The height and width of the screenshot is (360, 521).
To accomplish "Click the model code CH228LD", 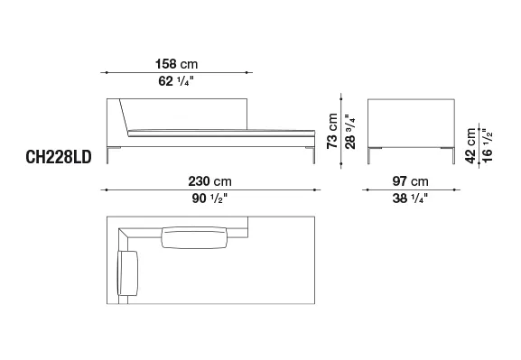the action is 59,157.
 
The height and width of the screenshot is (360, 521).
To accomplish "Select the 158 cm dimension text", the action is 176,64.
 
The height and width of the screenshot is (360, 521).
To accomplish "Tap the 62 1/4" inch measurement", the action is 176,81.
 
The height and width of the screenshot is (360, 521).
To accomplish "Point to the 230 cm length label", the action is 210,181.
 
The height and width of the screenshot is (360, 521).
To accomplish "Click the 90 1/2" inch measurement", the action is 209,198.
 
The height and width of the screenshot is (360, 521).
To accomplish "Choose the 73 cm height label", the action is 332,131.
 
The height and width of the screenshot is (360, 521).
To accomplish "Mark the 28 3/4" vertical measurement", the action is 350,132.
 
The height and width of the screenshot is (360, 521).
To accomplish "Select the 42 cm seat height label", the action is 470,146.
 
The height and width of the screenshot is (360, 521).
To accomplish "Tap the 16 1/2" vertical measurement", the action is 487,146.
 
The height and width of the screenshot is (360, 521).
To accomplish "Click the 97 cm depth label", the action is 410,181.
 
